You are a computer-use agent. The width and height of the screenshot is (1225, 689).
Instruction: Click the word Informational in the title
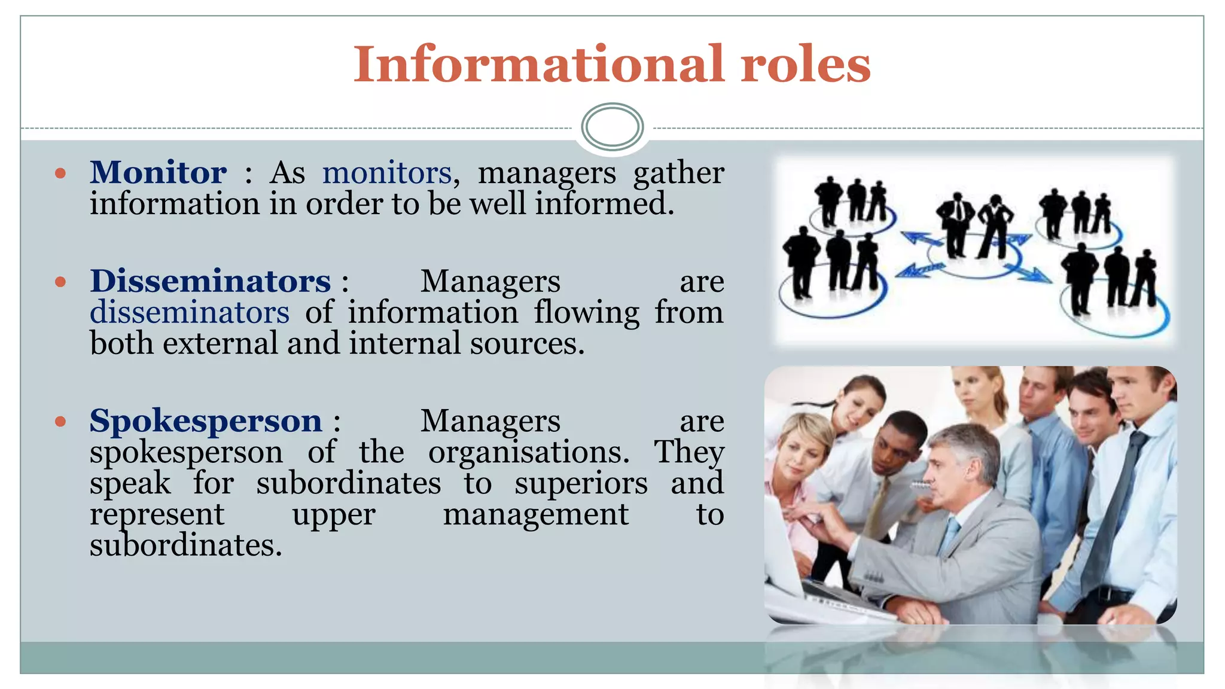click(539, 64)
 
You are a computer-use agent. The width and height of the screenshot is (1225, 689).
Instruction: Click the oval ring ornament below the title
click(612, 126)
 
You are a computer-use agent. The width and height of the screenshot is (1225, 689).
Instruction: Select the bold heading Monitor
click(159, 173)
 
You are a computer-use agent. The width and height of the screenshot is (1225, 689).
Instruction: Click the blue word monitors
click(386, 173)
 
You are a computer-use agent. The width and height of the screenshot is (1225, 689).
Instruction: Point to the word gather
click(678, 173)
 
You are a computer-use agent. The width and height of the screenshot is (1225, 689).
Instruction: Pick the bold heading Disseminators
click(210, 281)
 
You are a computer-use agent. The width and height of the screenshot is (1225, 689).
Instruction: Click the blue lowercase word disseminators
click(190, 312)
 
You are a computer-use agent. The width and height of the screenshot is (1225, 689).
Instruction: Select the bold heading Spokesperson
click(206, 420)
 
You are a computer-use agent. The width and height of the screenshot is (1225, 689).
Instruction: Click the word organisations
click(528, 452)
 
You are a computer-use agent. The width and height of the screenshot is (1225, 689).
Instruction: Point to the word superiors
click(581, 483)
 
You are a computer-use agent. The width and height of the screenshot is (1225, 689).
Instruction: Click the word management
click(536, 514)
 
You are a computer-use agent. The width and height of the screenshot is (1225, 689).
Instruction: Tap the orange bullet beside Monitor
click(60, 173)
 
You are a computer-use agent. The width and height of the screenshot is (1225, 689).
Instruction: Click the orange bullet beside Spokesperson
click(60, 421)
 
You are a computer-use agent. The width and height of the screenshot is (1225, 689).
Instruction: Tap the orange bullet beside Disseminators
click(60, 281)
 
